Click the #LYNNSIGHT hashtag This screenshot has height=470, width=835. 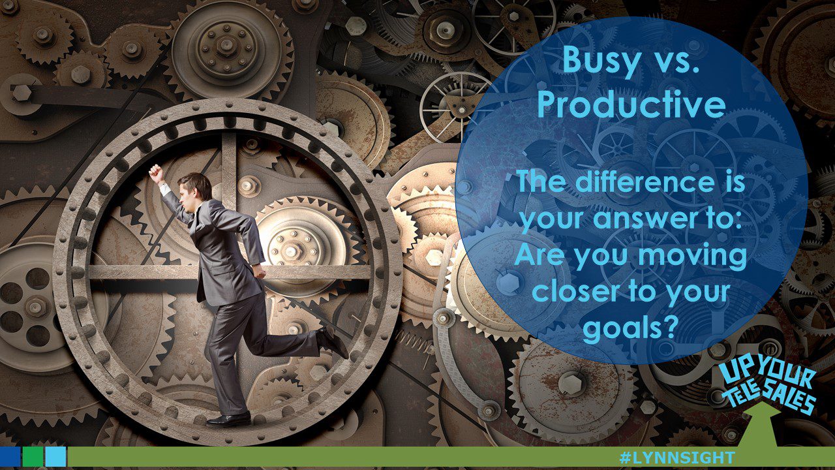click(x=676, y=458)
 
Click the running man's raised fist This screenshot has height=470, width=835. click(x=155, y=172)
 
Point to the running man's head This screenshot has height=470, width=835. click(x=195, y=187)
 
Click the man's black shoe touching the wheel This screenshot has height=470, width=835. click(x=228, y=418)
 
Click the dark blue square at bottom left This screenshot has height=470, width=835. click(x=10, y=456)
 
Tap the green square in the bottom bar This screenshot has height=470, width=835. click(x=33, y=456)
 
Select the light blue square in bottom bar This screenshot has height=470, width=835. click(x=55, y=456)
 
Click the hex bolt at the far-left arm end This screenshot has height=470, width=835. click(x=21, y=92)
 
